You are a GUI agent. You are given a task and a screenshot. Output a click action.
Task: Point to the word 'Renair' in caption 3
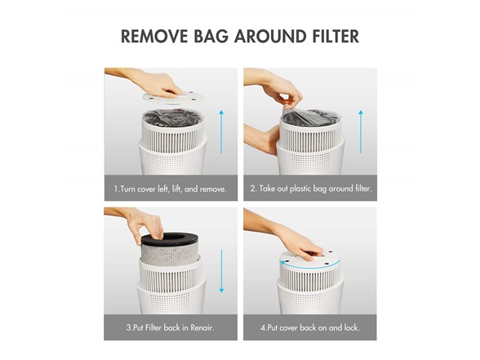[201, 328]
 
